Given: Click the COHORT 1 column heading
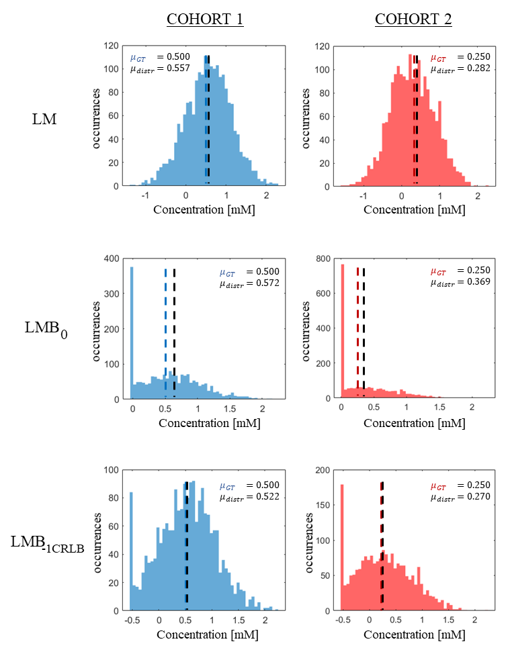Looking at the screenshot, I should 204,19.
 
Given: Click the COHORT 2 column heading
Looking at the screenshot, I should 413,19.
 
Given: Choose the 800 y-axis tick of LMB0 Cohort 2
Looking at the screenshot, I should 323,259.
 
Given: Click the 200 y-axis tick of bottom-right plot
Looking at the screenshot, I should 323,472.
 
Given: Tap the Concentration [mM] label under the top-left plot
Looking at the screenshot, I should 204,209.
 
